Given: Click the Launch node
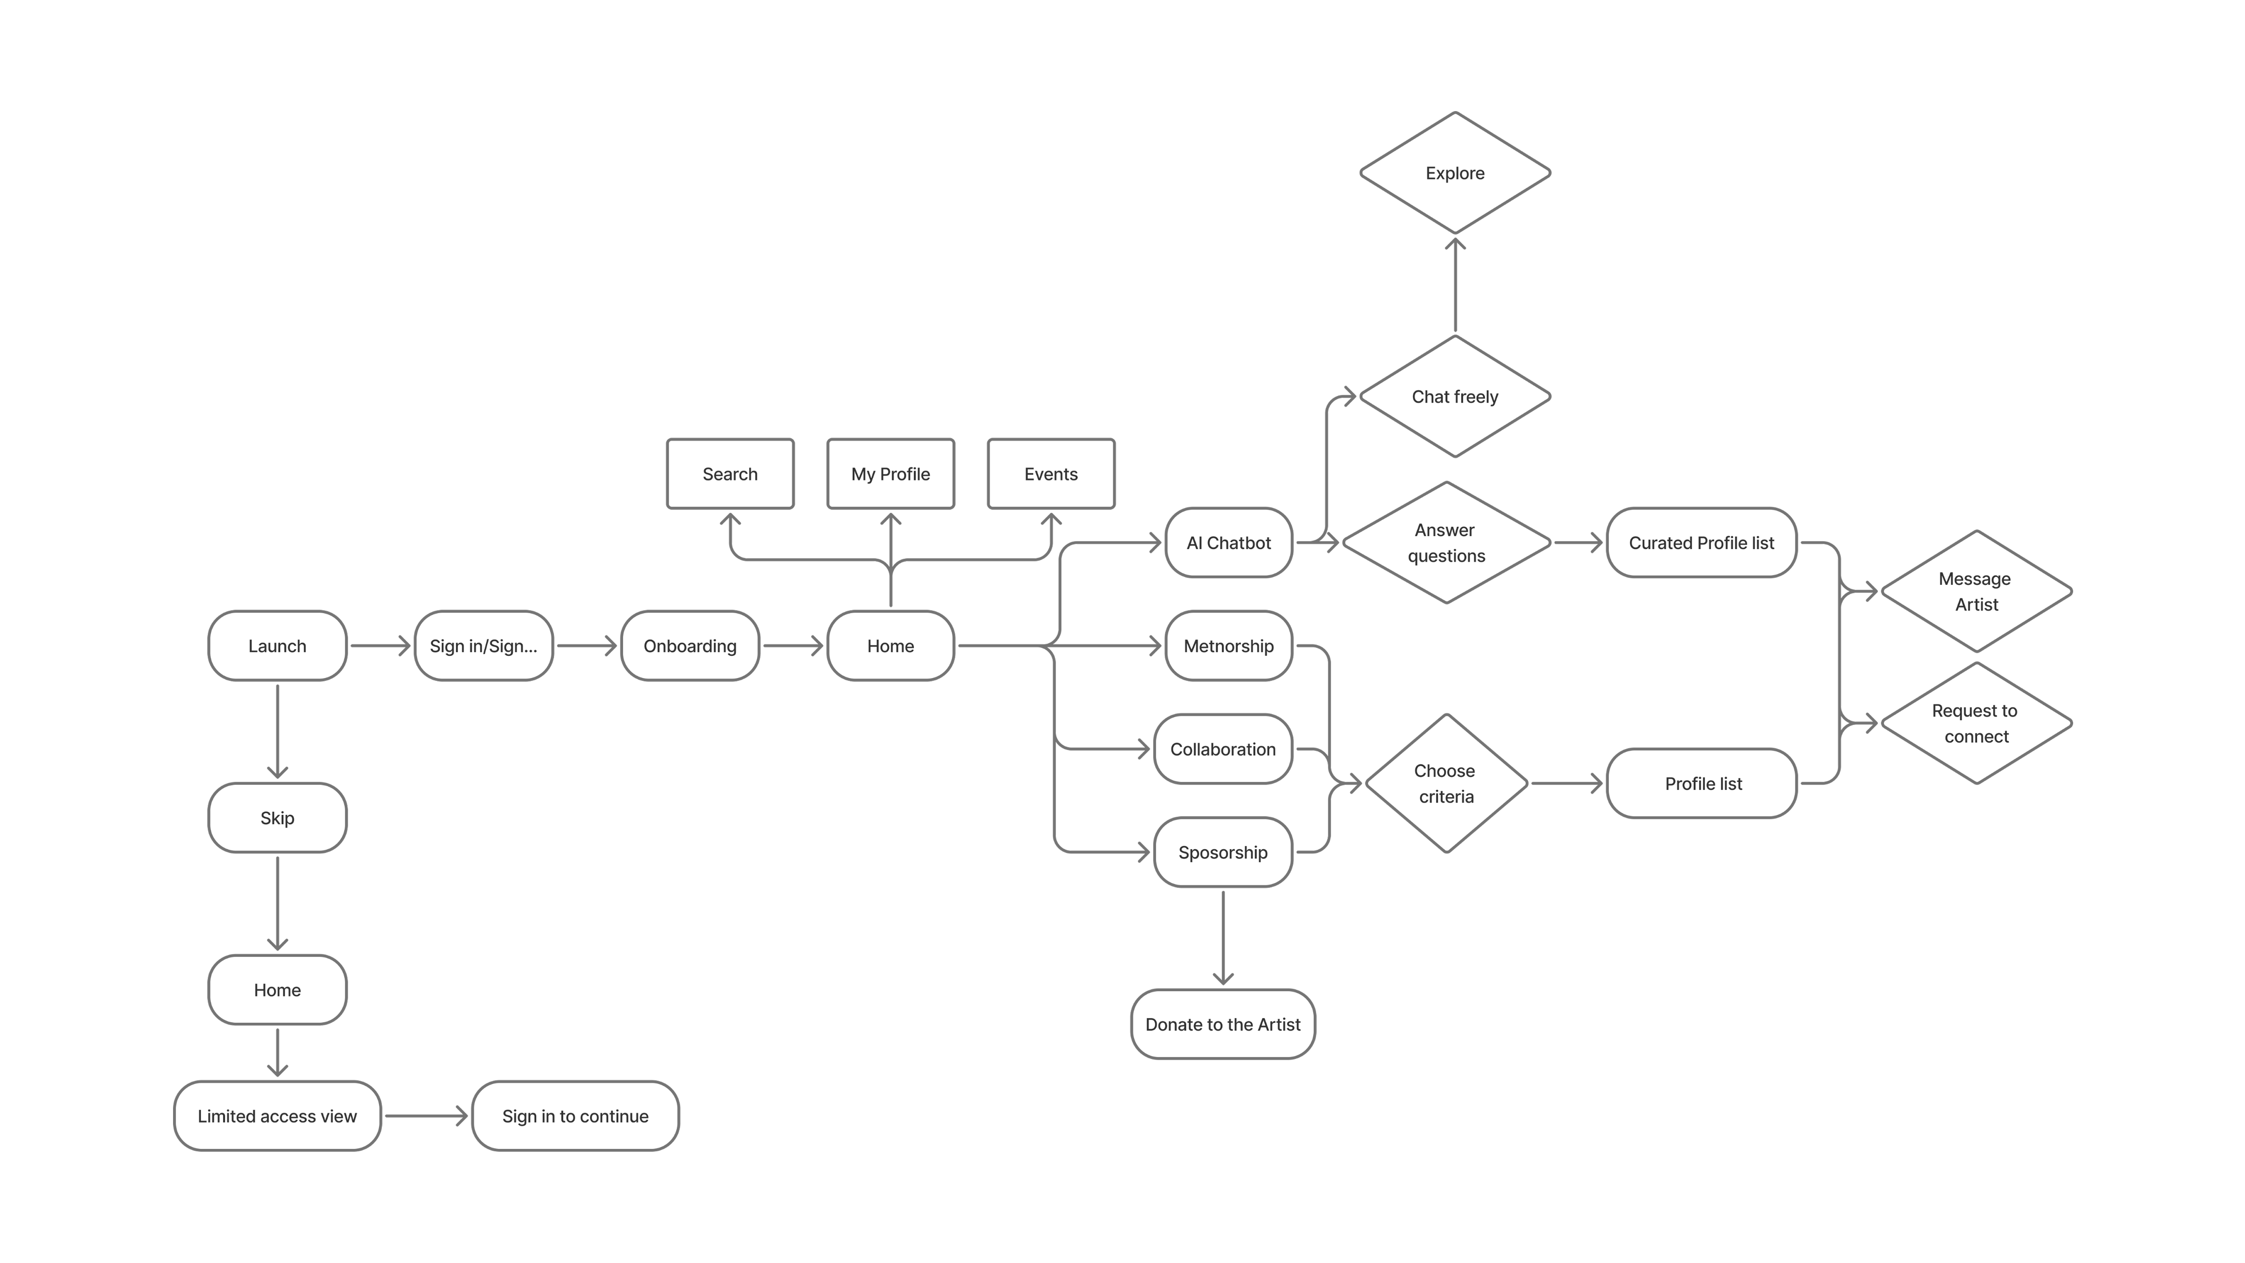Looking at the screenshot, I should [x=277, y=646].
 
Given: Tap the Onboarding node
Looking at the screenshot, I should [x=689, y=646].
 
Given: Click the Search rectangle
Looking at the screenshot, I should [x=730, y=474].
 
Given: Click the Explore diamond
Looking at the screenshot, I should [x=1455, y=173].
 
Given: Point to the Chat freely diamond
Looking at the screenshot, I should [x=1455, y=396].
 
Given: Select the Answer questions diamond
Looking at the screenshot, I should [x=1446, y=543].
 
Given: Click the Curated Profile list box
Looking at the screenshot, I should [x=1701, y=543].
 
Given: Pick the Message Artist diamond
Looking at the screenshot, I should [x=1976, y=592].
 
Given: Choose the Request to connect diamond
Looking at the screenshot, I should [x=1976, y=723].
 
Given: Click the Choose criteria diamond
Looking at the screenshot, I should [x=1446, y=784].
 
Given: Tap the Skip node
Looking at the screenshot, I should [x=277, y=817].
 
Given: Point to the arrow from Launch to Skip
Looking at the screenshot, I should [x=277, y=731].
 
